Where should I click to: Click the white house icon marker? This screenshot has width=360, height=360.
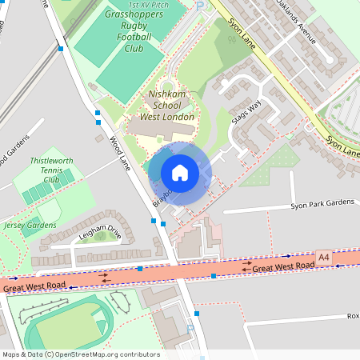(180, 173)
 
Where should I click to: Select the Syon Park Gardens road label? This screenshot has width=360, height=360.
(322, 203)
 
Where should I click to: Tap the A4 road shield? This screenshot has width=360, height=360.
(323, 257)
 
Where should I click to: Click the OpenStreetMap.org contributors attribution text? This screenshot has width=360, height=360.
(103, 354)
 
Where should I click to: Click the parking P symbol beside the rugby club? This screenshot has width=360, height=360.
(199, 6)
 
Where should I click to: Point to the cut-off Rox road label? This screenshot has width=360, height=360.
(352, 316)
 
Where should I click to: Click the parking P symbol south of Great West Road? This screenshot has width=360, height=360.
(190, 327)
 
